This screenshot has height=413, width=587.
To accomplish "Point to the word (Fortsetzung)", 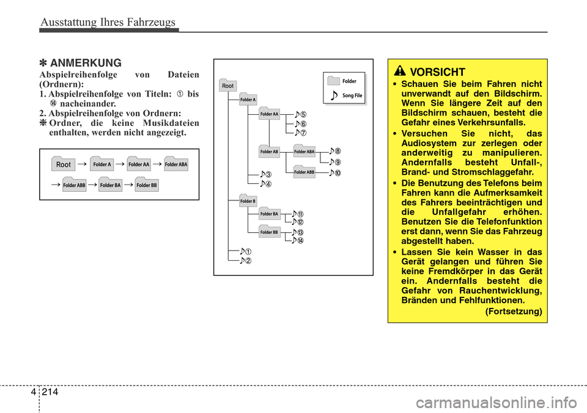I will (513, 312).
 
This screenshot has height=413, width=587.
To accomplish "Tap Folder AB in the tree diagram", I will (270, 152).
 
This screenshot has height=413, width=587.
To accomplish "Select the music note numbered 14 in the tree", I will (297, 240).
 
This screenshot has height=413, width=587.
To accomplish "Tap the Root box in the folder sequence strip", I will (63, 164).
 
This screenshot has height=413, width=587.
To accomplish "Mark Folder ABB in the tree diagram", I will (305, 172).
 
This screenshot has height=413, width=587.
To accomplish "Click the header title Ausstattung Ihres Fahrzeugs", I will (108, 23).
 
